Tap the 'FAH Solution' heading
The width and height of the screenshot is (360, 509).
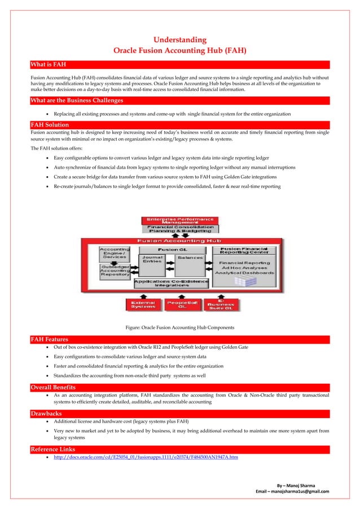[50, 124]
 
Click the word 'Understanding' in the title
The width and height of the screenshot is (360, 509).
[180, 40]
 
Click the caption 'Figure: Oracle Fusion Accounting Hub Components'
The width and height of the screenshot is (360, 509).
[179, 327]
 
